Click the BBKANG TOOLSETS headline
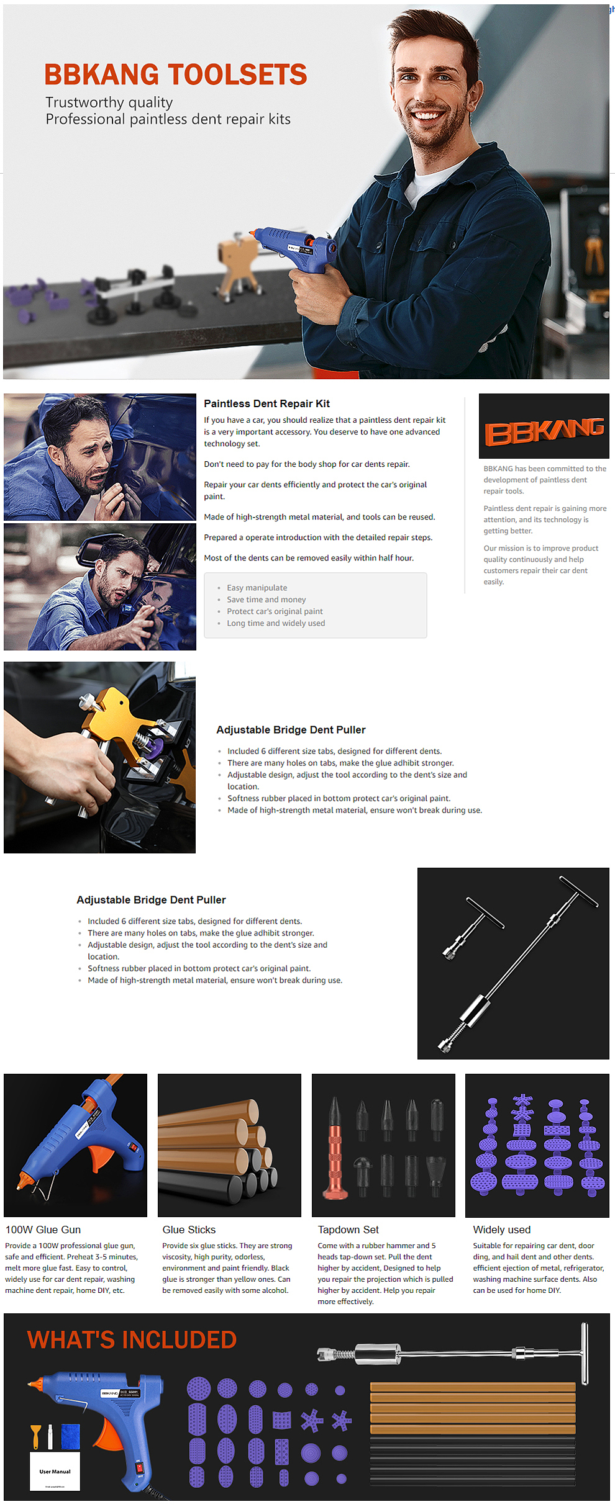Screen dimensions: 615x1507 tap(176, 74)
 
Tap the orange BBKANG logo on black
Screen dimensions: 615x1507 tap(544, 432)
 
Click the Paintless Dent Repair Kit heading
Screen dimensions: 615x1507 tap(267, 403)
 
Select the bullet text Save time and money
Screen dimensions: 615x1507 tap(266, 600)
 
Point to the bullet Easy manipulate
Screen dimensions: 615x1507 tap(257, 588)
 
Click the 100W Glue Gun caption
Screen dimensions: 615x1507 tap(43, 1230)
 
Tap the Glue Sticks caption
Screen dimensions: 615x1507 tap(189, 1230)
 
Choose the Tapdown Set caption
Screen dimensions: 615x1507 tap(348, 1230)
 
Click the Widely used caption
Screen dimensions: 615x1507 tap(502, 1230)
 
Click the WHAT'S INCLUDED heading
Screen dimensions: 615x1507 tap(132, 1340)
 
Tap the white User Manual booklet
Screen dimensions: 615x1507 tap(55, 1470)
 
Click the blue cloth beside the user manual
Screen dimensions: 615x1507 tap(70, 1436)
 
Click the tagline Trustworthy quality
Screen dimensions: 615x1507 tap(109, 102)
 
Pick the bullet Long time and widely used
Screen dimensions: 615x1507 tap(276, 623)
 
